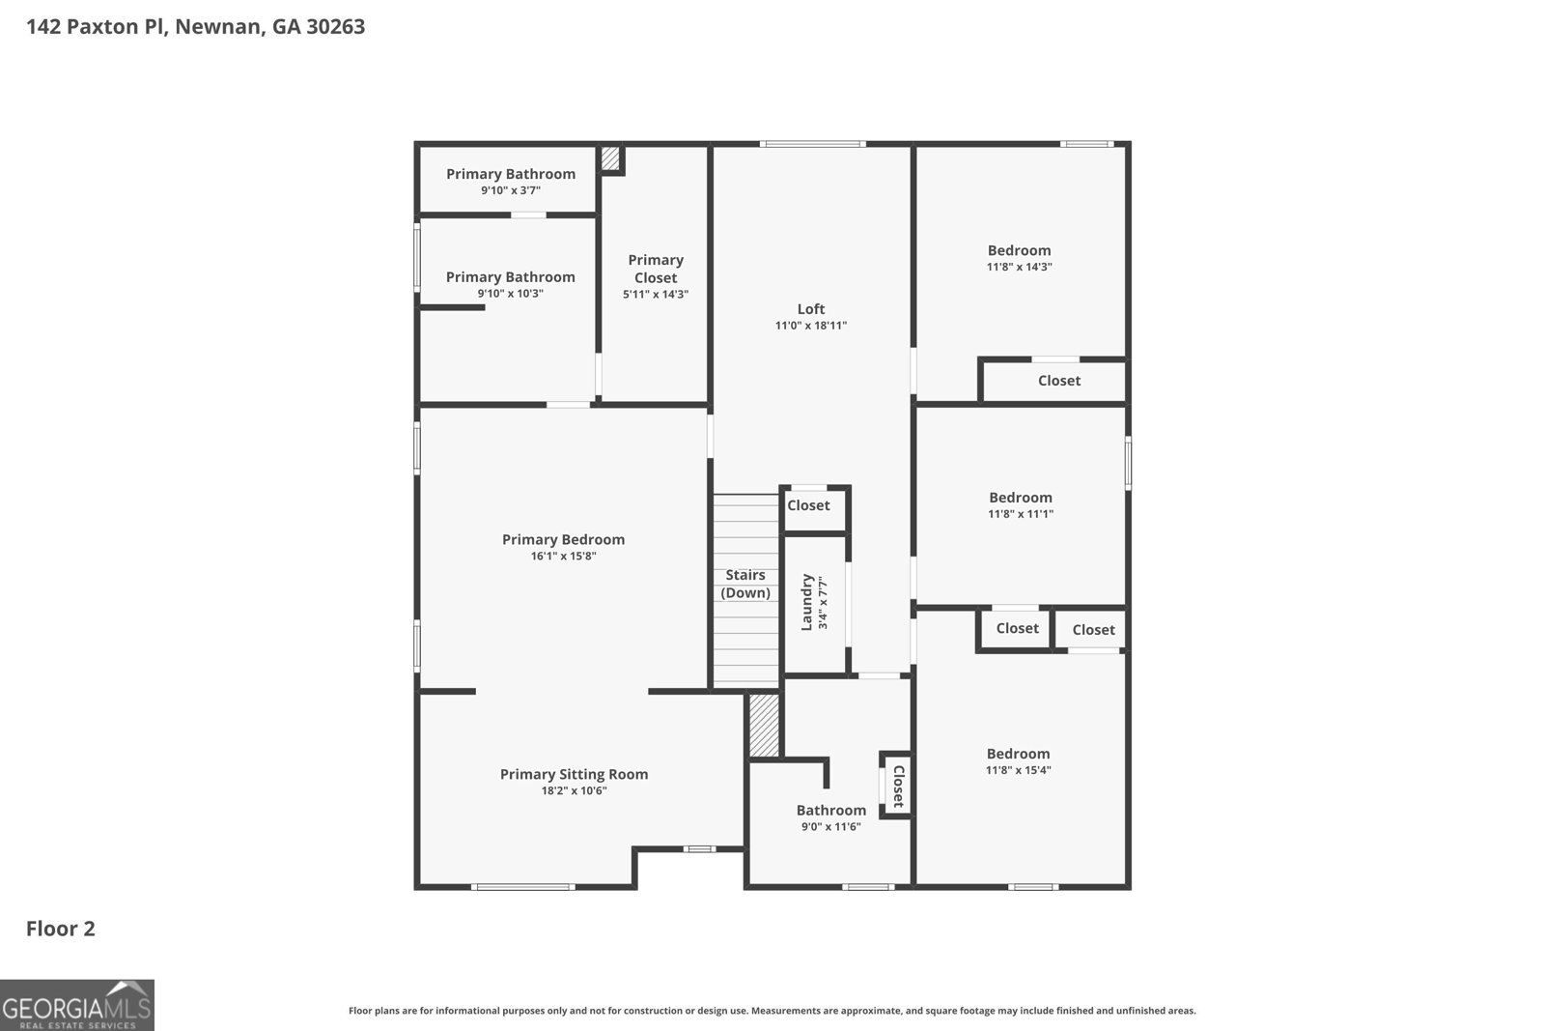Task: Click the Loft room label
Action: [810, 309]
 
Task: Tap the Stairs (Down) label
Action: [745, 584]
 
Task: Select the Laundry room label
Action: [807, 603]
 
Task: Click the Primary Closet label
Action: [656, 269]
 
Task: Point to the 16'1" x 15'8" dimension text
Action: [563, 557]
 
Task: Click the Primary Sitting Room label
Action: [574, 774]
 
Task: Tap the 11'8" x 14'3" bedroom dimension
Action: [1019, 267]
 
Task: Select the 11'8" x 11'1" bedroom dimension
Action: [1020, 514]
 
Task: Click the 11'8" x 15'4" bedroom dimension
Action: [1018, 770]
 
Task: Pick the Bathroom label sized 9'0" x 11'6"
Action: [830, 810]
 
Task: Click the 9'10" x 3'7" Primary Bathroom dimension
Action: [510, 190]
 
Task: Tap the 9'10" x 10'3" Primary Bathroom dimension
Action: [510, 293]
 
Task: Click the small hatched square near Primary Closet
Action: [610, 158]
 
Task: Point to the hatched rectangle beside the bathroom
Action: [764, 726]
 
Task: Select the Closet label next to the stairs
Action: [808, 505]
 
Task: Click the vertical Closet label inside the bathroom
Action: [897, 787]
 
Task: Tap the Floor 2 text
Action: [60, 929]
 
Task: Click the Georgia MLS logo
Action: [76, 1005]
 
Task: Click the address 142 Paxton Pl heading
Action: [195, 27]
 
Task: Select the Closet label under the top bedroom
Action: [1058, 381]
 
